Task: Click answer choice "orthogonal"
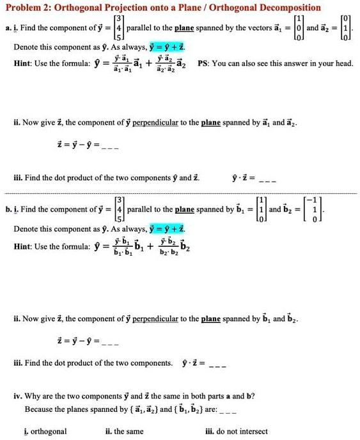[x=49, y=431]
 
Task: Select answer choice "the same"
[x=129, y=431]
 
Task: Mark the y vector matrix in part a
[x=118, y=28]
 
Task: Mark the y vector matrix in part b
[x=118, y=209]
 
